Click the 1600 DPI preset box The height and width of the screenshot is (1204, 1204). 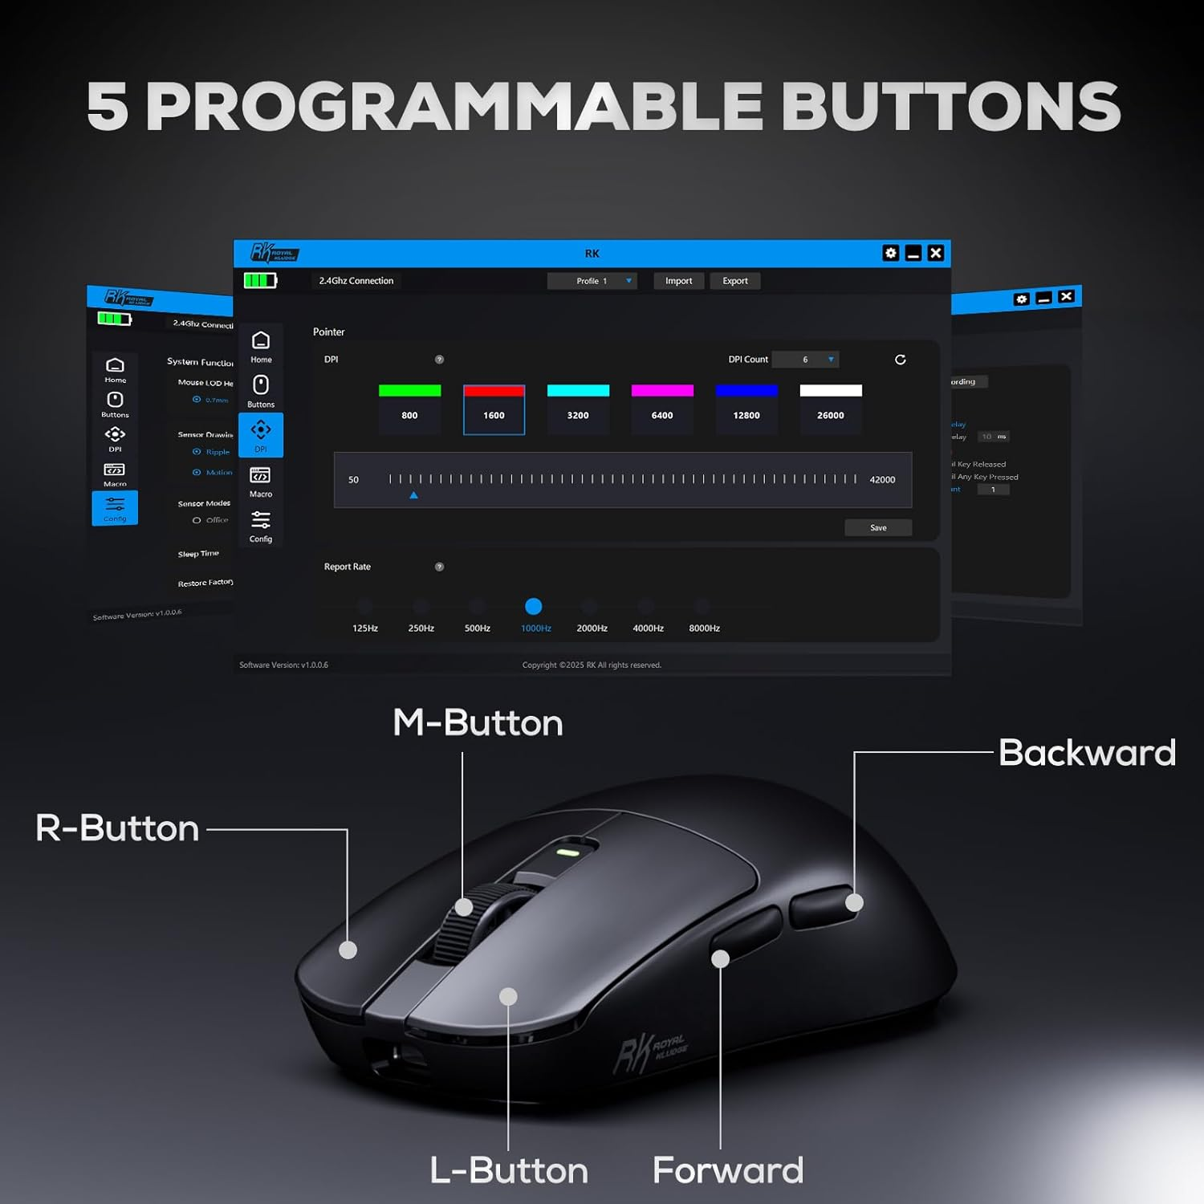(x=494, y=410)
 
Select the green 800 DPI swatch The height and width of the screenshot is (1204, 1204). (x=409, y=391)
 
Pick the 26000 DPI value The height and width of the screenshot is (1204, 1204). (x=830, y=416)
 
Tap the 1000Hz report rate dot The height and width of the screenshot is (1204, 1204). (x=533, y=607)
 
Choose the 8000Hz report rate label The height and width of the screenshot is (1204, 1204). (x=704, y=628)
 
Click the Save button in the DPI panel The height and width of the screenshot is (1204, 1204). (x=878, y=527)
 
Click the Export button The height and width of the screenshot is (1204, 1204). (x=734, y=281)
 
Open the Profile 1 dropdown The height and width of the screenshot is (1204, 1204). (x=592, y=281)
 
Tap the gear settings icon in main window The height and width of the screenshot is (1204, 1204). (x=890, y=254)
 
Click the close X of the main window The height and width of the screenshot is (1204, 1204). (x=935, y=254)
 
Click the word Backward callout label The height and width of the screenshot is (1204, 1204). (x=1087, y=753)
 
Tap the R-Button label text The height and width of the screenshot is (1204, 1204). (x=117, y=828)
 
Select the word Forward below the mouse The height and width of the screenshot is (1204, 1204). (x=728, y=1170)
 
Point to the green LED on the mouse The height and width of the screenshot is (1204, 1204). (x=567, y=852)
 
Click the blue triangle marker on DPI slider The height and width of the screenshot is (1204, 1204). (x=413, y=495)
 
